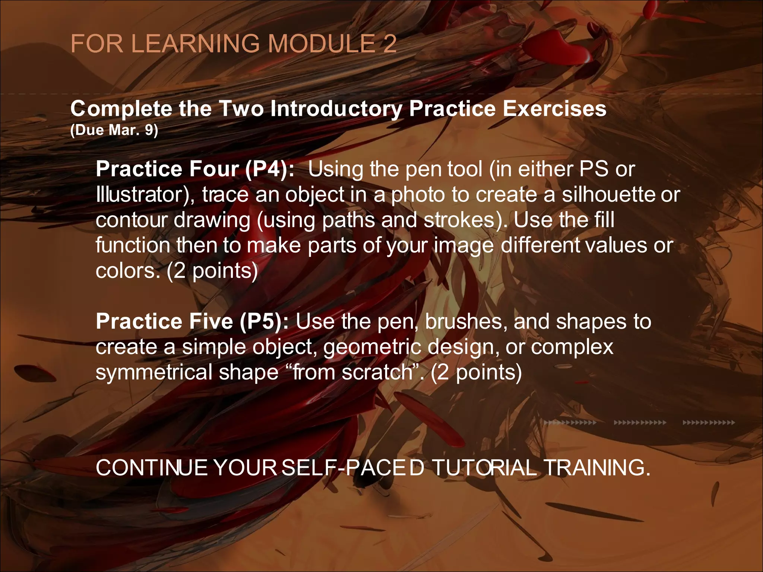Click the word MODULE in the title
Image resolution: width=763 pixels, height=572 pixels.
321,44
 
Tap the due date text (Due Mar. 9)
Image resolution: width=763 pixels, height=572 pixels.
114,130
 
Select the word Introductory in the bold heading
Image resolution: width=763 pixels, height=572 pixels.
336,109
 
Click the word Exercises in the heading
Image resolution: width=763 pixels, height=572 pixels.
554,109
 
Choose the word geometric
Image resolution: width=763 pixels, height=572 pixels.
372,347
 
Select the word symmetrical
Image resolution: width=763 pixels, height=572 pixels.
154,372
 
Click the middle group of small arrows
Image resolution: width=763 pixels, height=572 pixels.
640,423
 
